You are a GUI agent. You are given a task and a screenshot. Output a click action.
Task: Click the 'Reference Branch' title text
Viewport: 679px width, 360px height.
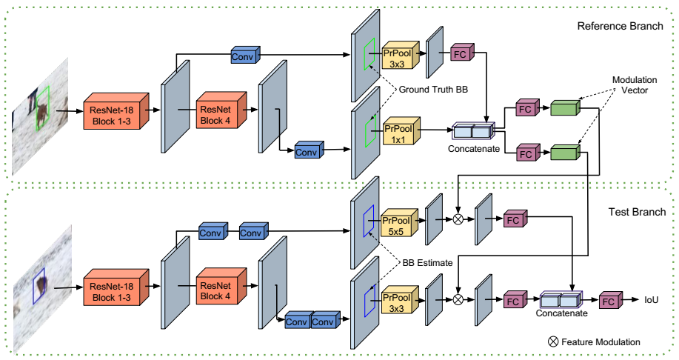pos(621,27)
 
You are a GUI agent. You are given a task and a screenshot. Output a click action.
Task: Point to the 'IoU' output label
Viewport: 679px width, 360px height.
pos(652,300)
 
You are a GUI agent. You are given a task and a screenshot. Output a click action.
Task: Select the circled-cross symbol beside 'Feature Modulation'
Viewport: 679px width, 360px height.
pos(552,341)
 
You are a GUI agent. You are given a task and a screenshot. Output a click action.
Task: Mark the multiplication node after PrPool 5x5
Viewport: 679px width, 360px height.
pos(458,219)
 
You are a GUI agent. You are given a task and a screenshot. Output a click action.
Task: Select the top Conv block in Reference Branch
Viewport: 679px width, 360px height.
pos(243,56)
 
